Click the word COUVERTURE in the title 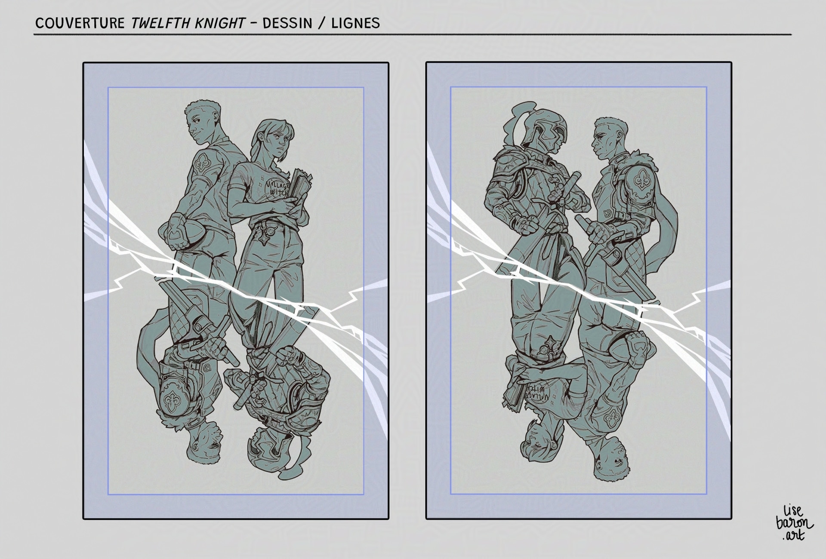click(x=80, y=23)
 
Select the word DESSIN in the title click(x=287, y=23)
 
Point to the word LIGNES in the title click(x=355, y=23)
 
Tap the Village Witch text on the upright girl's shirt click(x=278, y=187)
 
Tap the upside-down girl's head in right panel click(x=538, y=443)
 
